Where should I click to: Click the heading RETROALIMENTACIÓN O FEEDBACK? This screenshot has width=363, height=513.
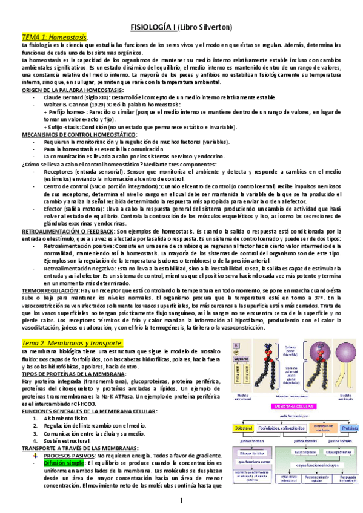[x=67, y=231]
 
